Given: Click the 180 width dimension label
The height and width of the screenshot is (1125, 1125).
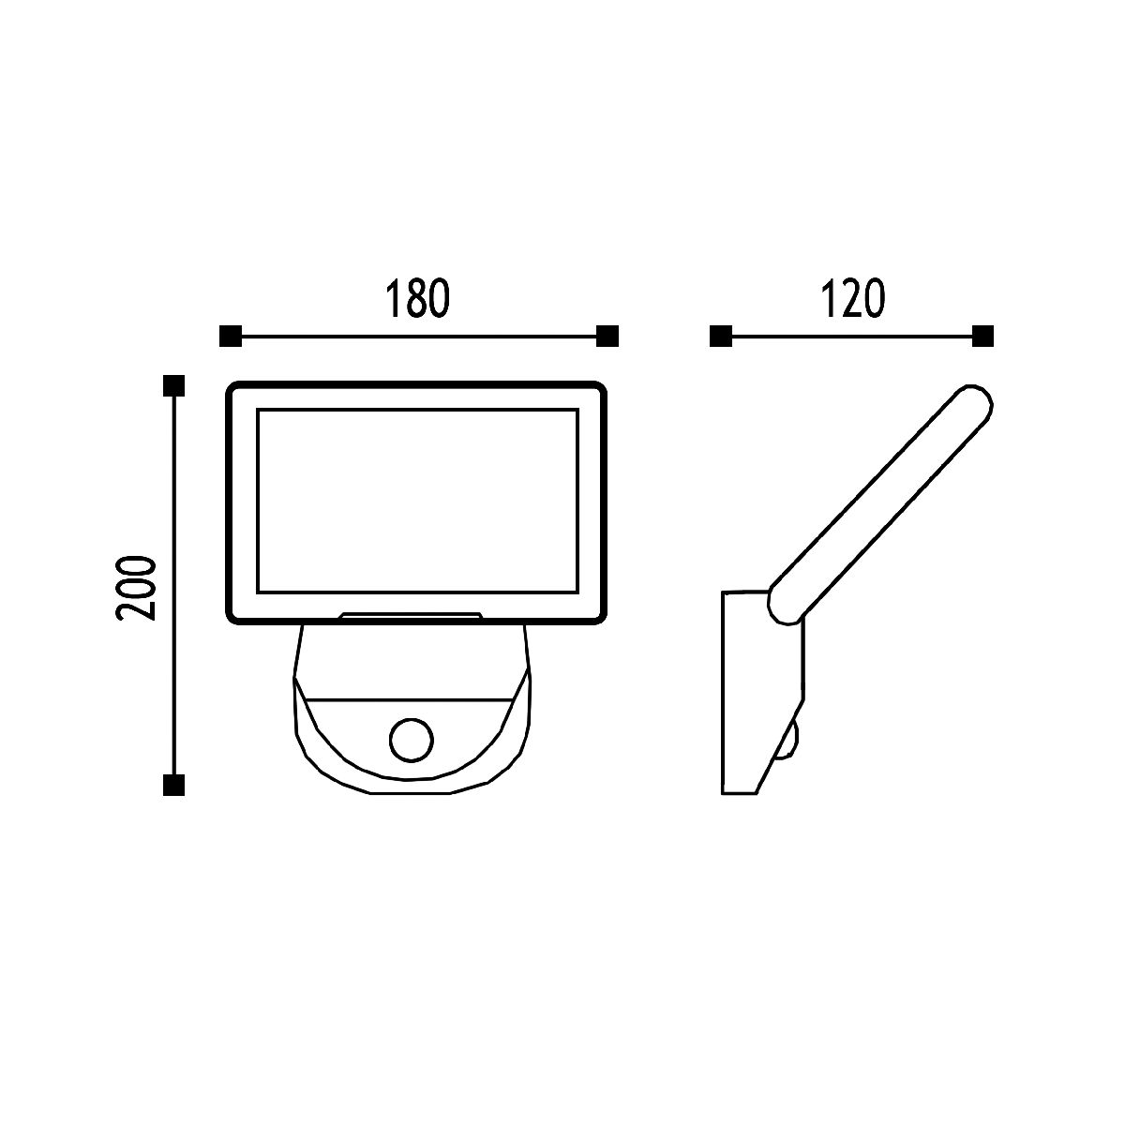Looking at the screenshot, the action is point(417,298).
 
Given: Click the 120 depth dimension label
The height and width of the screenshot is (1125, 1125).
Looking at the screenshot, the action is point(853,298).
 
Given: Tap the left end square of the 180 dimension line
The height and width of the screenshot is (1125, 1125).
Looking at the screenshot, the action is point(231,337).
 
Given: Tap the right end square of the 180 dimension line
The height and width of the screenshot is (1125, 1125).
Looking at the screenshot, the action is point(607,337).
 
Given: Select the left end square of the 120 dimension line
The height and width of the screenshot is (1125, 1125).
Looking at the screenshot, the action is point(721,337).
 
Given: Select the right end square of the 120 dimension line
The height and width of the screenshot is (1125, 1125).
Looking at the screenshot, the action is point(982,337).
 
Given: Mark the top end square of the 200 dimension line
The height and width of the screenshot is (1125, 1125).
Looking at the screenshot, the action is point(174,386).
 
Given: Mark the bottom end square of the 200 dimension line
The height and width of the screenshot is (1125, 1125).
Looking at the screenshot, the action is point(174,786).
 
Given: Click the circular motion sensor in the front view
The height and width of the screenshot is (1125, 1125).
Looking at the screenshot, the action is point(411,741).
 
